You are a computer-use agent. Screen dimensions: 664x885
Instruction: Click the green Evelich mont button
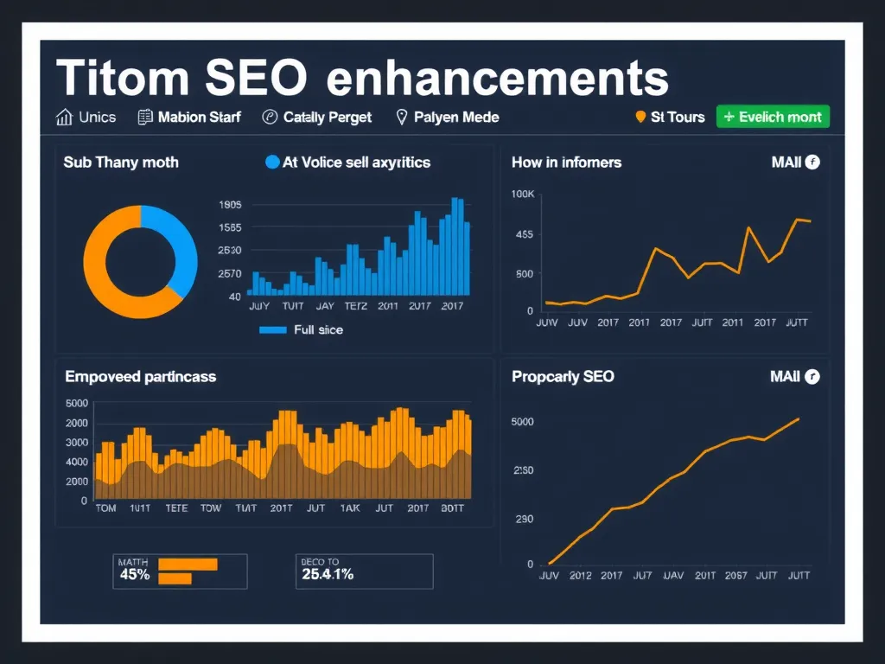[773, 117]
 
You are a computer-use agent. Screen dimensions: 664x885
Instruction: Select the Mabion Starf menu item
[189, 117]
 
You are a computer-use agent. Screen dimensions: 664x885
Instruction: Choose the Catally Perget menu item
[317, 117]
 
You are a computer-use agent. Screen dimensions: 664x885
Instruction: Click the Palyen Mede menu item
[447, 117]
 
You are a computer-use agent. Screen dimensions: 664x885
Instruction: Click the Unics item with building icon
[86, 117]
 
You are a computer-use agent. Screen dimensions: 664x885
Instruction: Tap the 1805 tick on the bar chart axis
[230, 205]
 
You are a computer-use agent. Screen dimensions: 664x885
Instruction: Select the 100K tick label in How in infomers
[523, 194]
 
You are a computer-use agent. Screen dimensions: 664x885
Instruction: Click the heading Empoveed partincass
[140, 377]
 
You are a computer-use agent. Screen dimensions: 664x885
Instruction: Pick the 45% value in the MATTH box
[135, 574]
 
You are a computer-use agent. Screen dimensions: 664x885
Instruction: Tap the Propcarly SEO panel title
[563, 377]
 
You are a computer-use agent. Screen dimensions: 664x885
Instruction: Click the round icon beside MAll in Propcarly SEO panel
[812, 377]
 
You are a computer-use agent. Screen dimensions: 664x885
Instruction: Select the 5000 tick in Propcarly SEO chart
[523, 422]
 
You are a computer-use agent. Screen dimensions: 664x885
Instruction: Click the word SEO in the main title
[257, 79]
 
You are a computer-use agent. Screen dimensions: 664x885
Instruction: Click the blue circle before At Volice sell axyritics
[272, 162]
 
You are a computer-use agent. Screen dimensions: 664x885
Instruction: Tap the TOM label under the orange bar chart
[105, 508]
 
